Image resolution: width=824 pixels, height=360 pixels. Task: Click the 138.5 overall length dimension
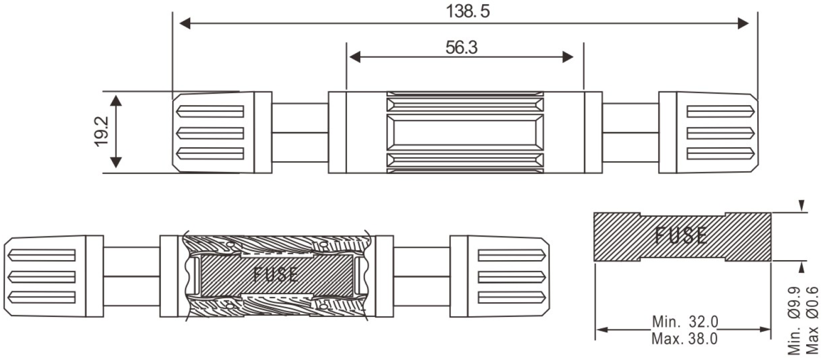coord(467,11)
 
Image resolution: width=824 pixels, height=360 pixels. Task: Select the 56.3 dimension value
coord(461,47)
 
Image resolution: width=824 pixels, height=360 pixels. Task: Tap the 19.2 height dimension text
coord(101,131)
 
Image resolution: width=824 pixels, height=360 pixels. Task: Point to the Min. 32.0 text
coord(685,322)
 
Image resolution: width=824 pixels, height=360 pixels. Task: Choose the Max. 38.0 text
coord(685,338)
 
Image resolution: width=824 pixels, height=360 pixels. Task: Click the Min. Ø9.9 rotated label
coord(795,321)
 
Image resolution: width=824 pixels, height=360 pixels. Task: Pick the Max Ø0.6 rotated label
coord(812,321)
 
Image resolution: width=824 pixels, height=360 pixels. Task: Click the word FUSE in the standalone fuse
coord(680,236)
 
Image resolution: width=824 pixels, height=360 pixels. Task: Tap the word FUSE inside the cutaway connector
coord(276,274)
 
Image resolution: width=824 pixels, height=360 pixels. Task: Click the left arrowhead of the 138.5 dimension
coord(185,24)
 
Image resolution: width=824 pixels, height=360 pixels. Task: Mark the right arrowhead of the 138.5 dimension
coord(744,24)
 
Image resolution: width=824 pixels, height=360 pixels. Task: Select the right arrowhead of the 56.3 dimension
coord(568,57)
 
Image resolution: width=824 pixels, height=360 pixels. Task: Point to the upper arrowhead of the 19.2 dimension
coord(116,100)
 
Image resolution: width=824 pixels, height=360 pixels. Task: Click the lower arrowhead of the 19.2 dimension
coord(116,162)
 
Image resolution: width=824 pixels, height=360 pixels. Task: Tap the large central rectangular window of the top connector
coord(465,132)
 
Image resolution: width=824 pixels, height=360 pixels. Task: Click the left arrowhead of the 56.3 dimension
coord(355,57)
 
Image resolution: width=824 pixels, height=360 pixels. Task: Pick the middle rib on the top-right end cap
coord(720,133)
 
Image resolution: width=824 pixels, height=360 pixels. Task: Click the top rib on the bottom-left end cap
coord(41,255)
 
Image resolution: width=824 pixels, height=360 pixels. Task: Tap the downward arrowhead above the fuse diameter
coord(801,205)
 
